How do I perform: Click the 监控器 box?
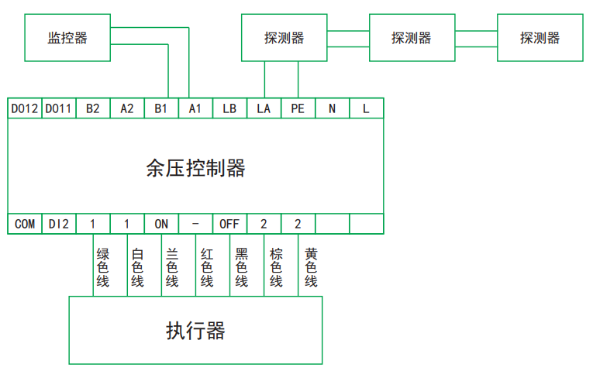pos(67,38)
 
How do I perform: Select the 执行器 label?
pos(195,331)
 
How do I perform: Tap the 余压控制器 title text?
pos(195,167)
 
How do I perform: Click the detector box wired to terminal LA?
pos(283,38)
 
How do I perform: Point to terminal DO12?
pos(25,108)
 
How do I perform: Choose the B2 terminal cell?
pos(93,108)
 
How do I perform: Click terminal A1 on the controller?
pos(195,108)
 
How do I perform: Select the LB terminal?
pos(229,108)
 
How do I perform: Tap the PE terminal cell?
pos(298,108)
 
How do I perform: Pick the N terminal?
pos(332,108)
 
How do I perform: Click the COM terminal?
pos(25,224)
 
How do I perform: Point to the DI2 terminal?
pos(59,224)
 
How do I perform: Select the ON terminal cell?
pos(161,224)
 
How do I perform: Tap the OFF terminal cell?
pos(229,224)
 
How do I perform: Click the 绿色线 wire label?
pos(102,267)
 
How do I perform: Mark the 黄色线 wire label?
pos(311,267)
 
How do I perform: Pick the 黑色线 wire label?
pos(241,267)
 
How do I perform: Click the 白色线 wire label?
pos(137,267)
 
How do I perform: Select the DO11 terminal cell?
pos(59,108)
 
